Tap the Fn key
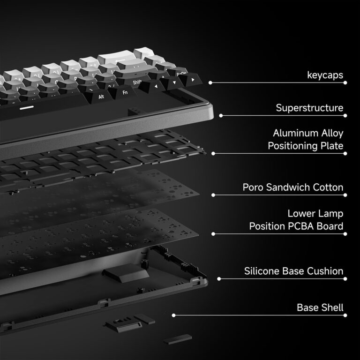point(124,92)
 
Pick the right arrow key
point(191,80)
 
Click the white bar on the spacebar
point(27,108)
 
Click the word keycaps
point(325,75)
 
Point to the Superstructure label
point(309,108)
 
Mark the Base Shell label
point(320,307)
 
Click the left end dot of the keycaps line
point(210,82)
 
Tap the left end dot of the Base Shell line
point(173,315)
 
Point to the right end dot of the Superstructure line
point(345,115)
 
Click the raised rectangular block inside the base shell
point(125,273)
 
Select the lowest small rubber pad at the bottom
point(178,339)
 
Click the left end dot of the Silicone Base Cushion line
point(219,279)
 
